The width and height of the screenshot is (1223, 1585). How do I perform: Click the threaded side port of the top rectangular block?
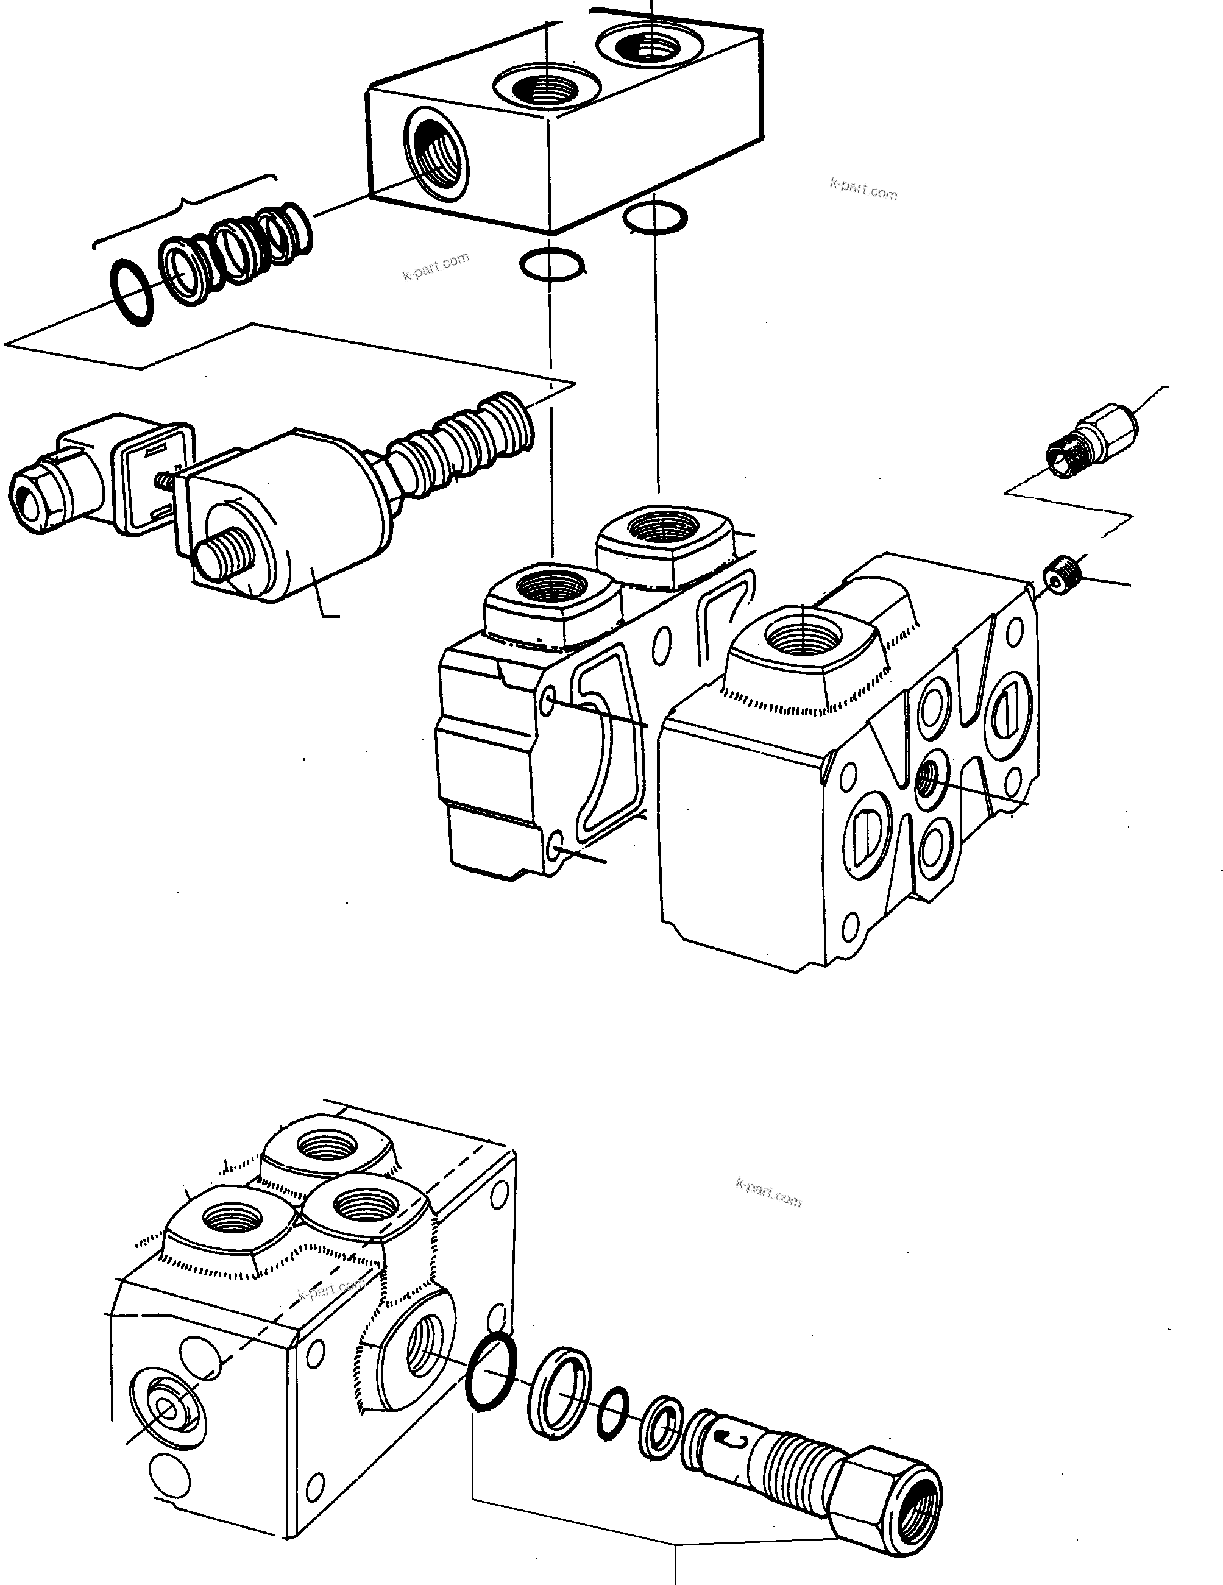[438, 151]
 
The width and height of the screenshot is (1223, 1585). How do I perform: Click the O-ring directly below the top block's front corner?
[551, 264]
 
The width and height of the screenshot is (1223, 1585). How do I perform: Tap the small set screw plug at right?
[1063, 572]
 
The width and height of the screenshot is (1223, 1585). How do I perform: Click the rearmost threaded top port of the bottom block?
[328, 1147]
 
